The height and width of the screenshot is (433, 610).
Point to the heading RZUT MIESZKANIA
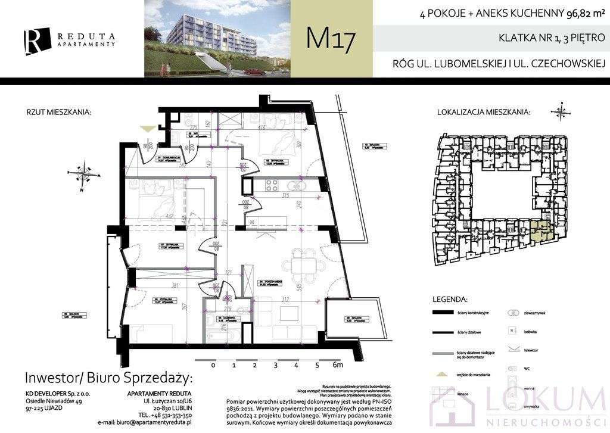[58, 111]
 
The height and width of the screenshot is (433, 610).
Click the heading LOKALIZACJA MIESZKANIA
[484, 111]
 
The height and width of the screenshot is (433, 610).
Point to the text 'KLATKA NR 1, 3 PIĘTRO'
[551, 38]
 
